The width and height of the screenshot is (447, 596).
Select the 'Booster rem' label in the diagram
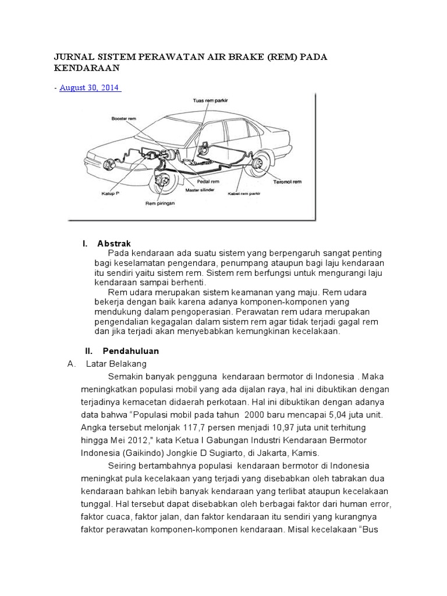[123, 118]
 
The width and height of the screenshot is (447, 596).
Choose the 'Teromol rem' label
[288, 182]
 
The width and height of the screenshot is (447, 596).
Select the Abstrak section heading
[114, 243]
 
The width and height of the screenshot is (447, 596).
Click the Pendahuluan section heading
[130, 352]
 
